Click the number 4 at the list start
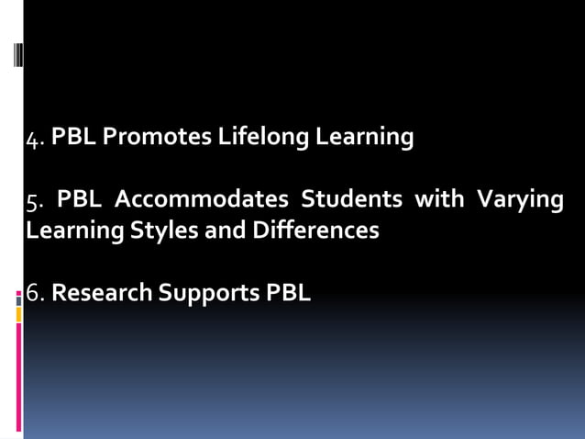pos(33,139)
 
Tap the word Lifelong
pos(263,137)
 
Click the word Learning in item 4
pos(365,139)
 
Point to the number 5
pos(32,201)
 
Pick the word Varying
pos(522,201)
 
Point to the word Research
pos(98,294)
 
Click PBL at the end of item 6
pos(288,294)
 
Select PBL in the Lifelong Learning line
pos(75,138)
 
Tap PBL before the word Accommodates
pos(79,199)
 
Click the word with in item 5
pos(439,199)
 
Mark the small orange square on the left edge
pos(18,314)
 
